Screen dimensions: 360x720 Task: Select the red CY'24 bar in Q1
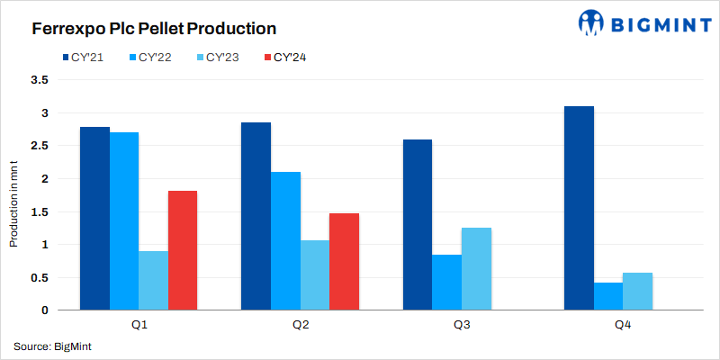[182, 250]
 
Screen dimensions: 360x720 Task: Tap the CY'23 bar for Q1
[153, 280]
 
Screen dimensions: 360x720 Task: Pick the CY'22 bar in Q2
[285, 240]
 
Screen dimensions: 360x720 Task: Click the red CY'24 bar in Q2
[344, 261]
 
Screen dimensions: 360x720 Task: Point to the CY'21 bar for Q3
[417, 224]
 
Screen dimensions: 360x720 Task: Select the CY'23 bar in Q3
[476, 268]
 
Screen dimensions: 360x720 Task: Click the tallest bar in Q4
[579, 208]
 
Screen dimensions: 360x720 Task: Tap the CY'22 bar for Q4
[608, 296]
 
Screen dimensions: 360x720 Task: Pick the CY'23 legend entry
[220, 58]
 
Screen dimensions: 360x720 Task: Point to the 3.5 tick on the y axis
[40, 80]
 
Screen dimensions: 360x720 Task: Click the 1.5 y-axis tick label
[40, 211]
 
